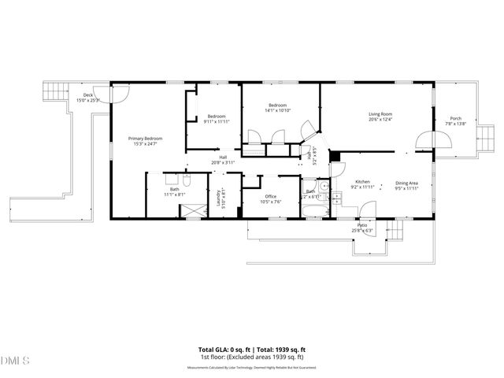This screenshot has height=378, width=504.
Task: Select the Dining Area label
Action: tap(406, 183)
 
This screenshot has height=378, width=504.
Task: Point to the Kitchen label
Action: tap(362, 181)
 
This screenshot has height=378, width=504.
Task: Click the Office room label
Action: tap(270, 196)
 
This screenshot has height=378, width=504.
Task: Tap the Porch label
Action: tap(455, 118)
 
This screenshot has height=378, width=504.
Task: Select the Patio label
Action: tap(362, 225)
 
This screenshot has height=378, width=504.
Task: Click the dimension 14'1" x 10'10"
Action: tap(278, 111)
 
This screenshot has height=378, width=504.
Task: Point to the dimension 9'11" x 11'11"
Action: tap(216, 121)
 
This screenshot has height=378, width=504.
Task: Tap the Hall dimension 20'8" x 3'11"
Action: tap(224, 162)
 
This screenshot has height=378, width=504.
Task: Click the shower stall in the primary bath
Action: tap(192, 211)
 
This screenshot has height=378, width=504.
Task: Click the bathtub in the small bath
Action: tap(312, 210)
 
